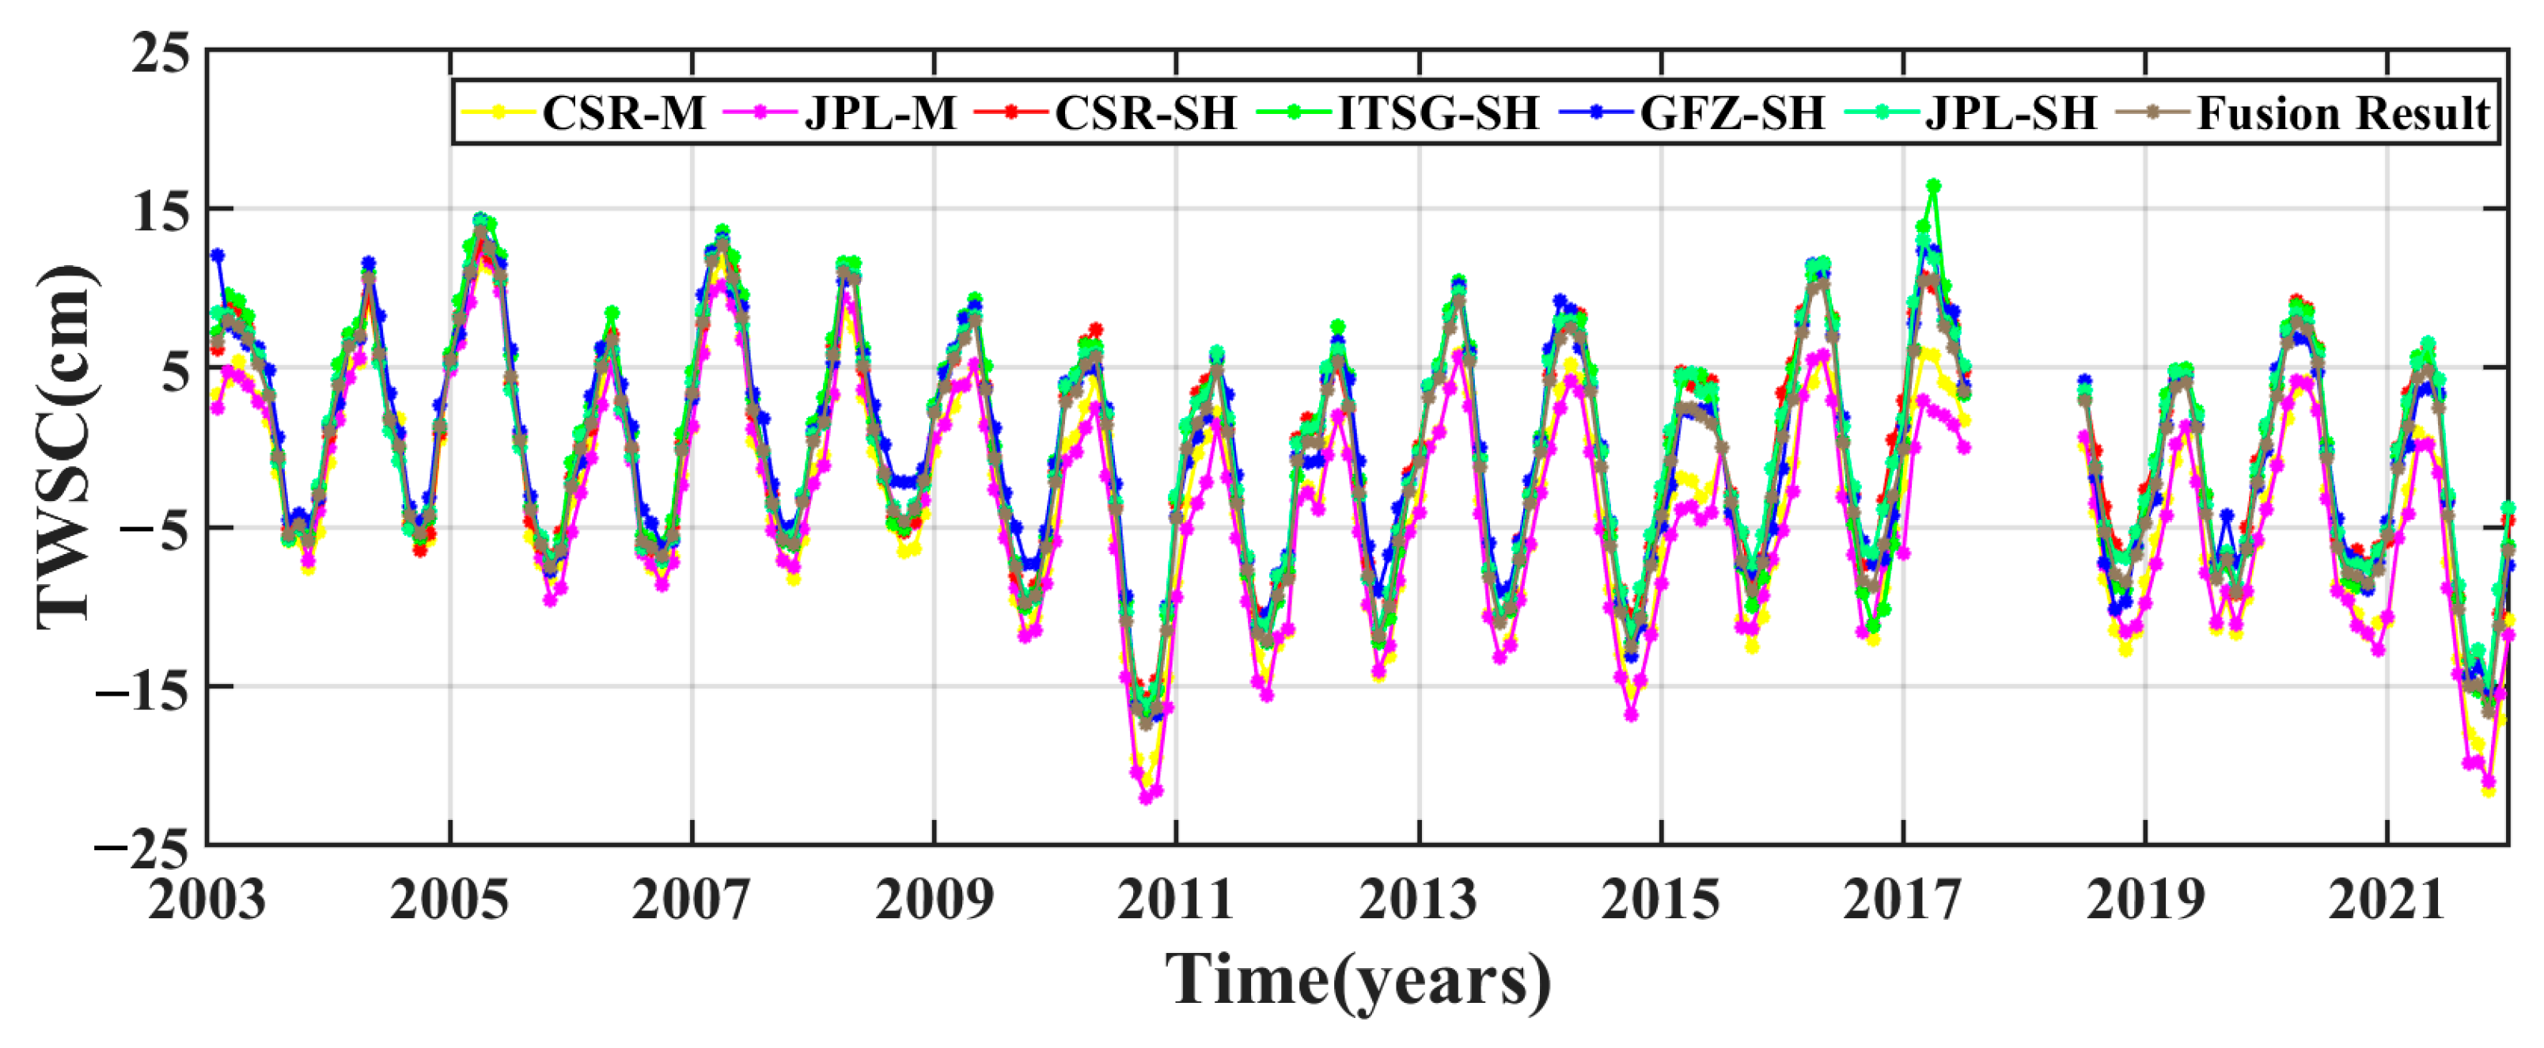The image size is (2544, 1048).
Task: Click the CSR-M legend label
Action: [x=624, y=114]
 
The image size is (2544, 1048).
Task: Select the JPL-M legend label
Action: [x=880, y=114]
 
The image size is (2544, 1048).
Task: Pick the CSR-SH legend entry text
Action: [x=1146, y=114]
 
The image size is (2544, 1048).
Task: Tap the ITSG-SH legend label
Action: [x=1438, y=114]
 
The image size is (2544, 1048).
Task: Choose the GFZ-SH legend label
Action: [x=1732, y=114]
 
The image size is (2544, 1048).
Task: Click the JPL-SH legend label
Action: [x=2011, y=114]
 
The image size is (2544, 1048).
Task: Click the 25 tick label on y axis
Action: [x=161, y=52]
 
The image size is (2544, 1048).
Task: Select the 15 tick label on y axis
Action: [x=161, y=211]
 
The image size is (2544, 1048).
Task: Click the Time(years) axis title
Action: [x=1358, y=981]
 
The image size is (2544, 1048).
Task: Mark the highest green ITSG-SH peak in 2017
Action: [x=1934, y=187]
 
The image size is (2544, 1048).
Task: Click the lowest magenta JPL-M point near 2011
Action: [x=1146, y=797]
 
